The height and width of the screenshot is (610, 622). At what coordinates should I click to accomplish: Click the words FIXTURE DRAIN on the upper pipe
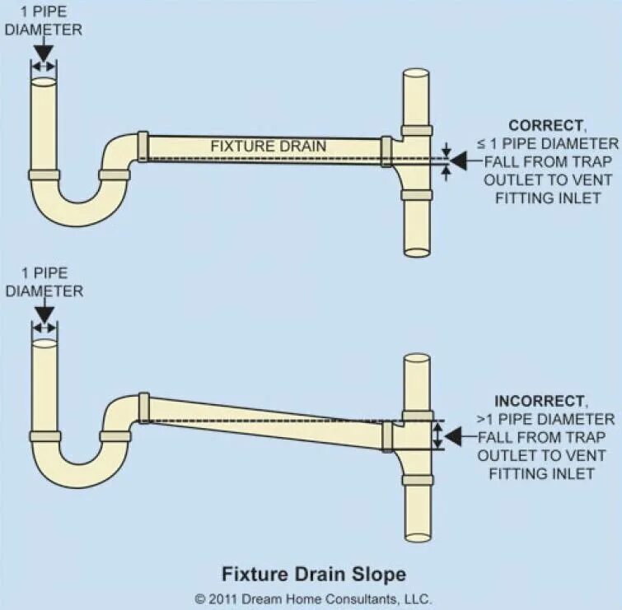[x=269, y=147]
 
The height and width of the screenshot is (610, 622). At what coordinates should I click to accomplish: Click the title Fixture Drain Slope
[x=312, y=572]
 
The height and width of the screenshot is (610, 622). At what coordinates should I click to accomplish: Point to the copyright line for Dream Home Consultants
[x=312, y=598]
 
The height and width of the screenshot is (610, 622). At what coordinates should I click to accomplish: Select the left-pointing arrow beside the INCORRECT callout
[x=461, y=436]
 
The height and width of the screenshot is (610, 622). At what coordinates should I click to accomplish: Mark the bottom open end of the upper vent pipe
[x=416, y=252]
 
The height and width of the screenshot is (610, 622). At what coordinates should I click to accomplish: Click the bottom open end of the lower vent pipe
[x=418, y=537]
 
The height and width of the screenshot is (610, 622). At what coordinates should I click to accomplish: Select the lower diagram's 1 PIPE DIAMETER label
[x=44, y=282]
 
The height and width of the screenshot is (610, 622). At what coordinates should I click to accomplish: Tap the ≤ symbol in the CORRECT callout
[x=480, y=144]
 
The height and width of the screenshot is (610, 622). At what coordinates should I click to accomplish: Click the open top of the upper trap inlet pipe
[x=44, y=81]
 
